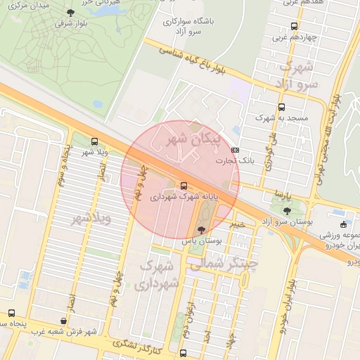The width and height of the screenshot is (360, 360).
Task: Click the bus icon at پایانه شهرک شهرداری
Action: pyautogui.click(x=184, y=186)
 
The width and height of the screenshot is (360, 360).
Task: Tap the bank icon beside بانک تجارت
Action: pyautogui.click(x=234, y=150)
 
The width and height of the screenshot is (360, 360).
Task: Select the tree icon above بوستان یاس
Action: pyautogui.click(x=202, y=229)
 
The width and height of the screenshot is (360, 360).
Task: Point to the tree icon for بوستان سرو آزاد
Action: pyautogui.click(x=286, y=210)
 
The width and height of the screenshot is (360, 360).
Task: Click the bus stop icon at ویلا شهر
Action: pyautogui.click(x=95, y=141)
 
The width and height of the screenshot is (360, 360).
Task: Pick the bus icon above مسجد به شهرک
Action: pyautogui.click(x=282, y=108)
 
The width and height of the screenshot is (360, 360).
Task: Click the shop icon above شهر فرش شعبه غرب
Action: pyautogui.click(x=64, y=321)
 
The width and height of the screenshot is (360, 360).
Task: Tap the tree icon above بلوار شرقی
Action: pyautogui.click(x=70, y=13)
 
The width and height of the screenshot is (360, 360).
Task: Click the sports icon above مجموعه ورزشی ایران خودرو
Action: pyautogui.click(x=343, y=224)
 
